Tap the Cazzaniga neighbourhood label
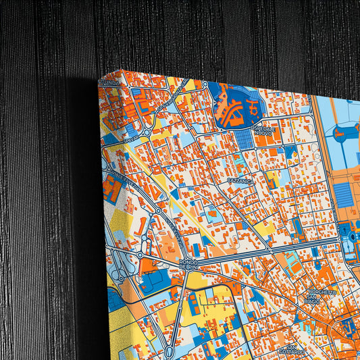tap(240, 182)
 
